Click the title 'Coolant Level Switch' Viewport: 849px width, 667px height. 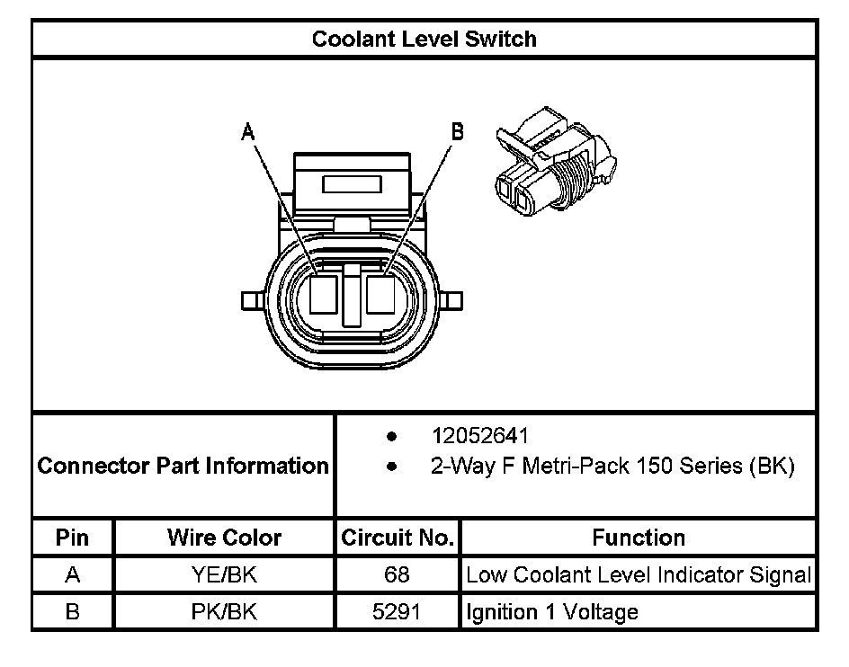coord(424,40)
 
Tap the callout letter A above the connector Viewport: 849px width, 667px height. coord(247,133)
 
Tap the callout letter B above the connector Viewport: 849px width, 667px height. coord(457,133)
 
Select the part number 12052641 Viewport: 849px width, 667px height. coord(479,436)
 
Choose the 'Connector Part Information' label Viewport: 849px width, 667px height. coord(183,467)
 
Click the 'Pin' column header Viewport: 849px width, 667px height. coord(73,538)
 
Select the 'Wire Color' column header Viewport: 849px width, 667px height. coord(224,538)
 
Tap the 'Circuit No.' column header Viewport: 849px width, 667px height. coord(397,538)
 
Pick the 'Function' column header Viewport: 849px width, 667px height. coord(638,538)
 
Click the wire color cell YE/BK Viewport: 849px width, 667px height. coord(224,575)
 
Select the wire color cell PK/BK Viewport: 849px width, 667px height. coord(224,612)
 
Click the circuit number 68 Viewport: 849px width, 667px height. coord(397,575)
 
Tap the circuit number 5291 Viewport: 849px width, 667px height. coord(397,612)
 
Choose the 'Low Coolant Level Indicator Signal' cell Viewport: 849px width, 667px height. coord(638,575)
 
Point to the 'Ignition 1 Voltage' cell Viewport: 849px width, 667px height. coord(552,612)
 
